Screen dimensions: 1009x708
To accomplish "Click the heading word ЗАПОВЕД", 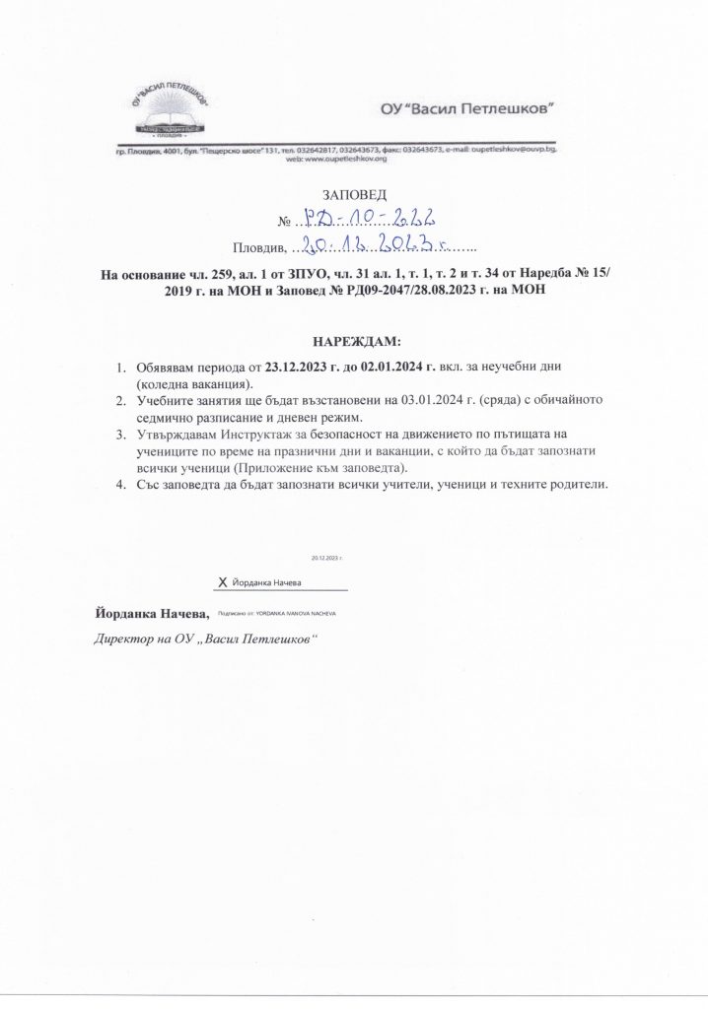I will (354, 195).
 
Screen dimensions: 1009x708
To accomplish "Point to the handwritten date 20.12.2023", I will (386, 244).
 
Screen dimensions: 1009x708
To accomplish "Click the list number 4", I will (119, 485).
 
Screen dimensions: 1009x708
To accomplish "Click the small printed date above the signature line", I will (327, 558).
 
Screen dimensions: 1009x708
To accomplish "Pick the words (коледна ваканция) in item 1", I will (195, 382).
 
